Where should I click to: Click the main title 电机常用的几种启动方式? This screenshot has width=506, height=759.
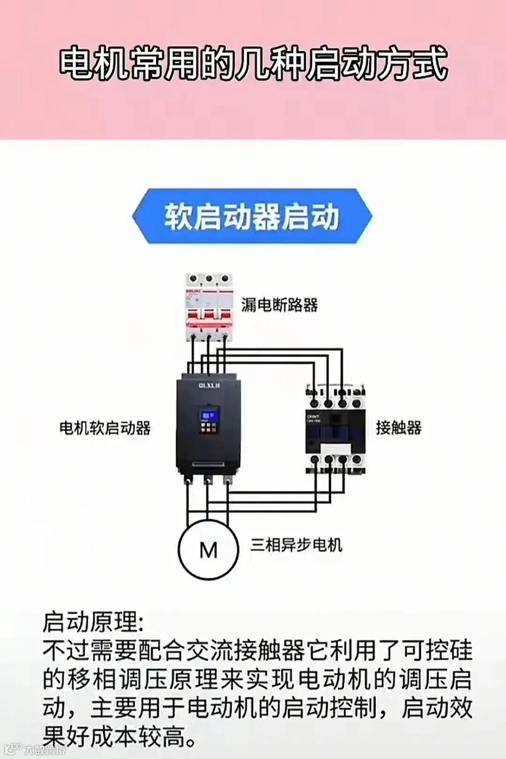point(253,63)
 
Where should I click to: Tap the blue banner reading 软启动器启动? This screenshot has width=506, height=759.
point(252,216)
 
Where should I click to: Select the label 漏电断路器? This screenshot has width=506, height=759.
point(280,305)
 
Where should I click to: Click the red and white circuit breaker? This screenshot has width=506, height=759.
point(209,307)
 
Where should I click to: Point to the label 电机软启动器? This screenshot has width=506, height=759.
point(105,427)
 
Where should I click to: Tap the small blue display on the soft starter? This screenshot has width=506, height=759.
point(208,416)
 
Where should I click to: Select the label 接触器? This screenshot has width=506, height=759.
point(399,427)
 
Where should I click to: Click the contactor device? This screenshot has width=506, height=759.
point(335,428)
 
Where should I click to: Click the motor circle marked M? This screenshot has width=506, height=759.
point(208,550)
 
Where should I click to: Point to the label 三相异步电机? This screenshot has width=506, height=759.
point(296,545)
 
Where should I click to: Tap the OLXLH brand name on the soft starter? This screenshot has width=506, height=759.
point(209,385)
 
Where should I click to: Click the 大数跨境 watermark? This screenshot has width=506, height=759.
point(45,750)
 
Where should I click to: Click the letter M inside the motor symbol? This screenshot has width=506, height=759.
point(208,550)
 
